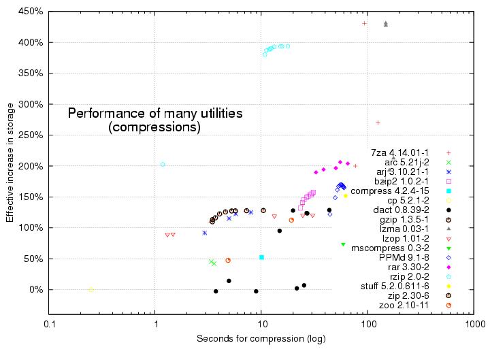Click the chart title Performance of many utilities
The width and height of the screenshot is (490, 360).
154,114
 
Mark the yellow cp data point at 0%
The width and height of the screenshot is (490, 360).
91,289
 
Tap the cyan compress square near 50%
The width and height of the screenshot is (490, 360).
261,257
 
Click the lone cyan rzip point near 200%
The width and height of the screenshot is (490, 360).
163,164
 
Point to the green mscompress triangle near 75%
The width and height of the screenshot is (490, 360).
343,244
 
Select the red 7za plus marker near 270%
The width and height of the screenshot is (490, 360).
378,122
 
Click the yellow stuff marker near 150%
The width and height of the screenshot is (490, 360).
346,195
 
